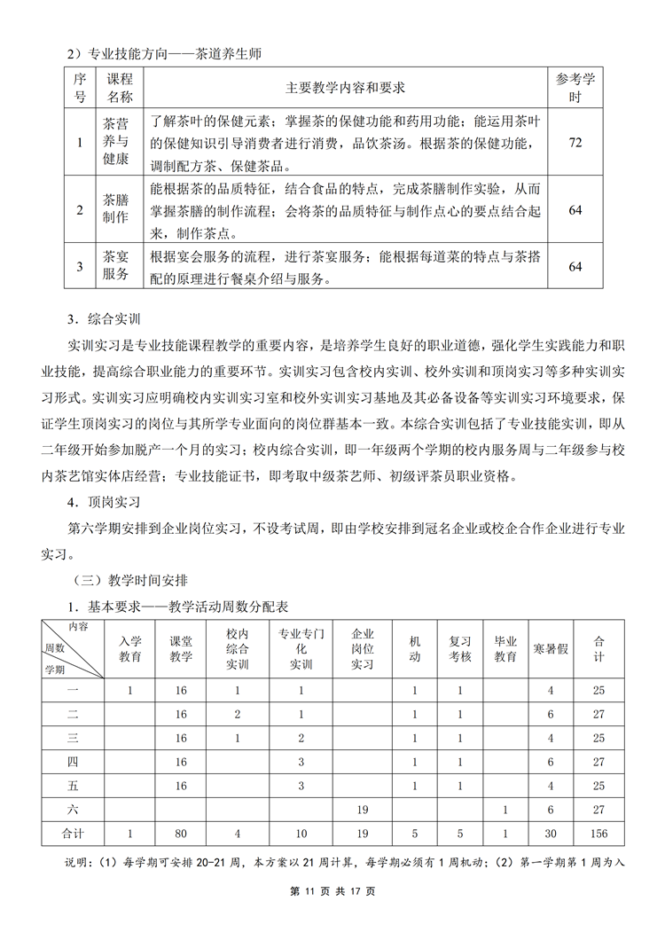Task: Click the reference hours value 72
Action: [x=575, y=142]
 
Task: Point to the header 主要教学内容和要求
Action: [x=345, y=88]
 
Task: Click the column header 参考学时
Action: [x=575, y=88]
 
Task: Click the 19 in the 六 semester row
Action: [x=362, y=810]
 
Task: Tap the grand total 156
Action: [x=599, y=834]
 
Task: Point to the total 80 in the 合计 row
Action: [x=182, y=834]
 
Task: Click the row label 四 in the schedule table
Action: [x=74, y=762]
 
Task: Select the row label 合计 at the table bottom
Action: [x=74, y=834]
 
